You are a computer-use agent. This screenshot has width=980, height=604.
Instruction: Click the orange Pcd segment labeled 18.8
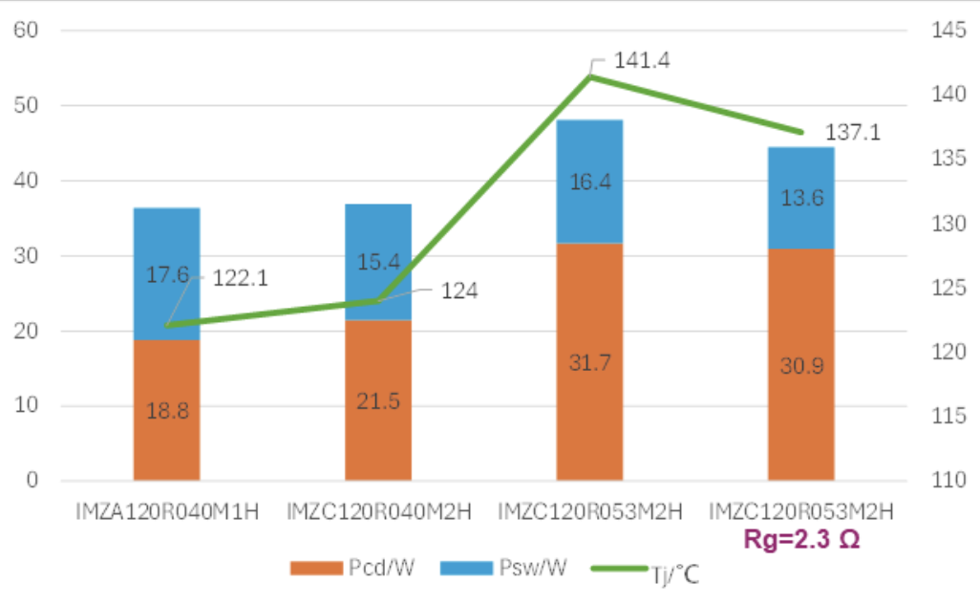[166, 411]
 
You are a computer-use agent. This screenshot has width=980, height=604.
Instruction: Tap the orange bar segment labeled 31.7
[589, 362]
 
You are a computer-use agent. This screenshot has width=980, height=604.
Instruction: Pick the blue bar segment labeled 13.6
[800, 199]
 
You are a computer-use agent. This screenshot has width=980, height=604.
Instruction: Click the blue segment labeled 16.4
[589, 182]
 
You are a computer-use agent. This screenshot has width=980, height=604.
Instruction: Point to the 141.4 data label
[642, 60]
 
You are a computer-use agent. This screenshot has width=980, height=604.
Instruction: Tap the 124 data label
[458, 291]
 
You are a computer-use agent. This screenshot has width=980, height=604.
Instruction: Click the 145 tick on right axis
[948, 31]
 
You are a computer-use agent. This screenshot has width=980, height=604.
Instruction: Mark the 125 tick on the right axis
[948, 288]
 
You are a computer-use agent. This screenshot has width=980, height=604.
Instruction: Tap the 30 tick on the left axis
[26, 256]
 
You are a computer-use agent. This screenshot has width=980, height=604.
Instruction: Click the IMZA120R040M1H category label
[167, 510]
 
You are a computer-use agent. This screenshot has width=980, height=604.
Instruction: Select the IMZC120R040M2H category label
[379, 510]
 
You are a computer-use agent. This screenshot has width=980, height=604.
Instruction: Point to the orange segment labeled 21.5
[378, 401]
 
